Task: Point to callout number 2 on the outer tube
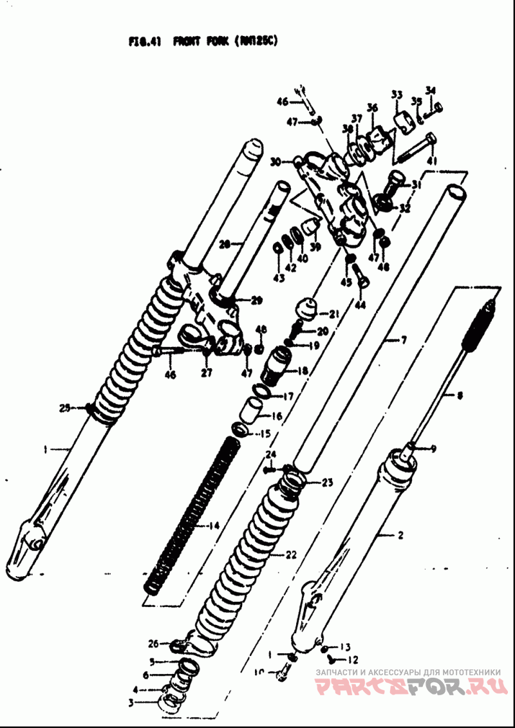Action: point(400,535)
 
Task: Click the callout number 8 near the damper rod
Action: point(460,397)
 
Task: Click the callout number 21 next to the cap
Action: point(334,314)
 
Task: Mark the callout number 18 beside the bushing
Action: point(303,371)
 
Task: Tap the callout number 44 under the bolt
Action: point(359,305)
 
